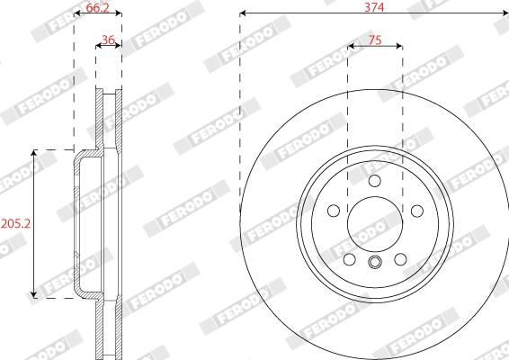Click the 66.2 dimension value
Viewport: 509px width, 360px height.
pyautogui.click(x=97, y=7)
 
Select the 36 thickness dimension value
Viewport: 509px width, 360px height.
pyautogui.click(x=108, y=40)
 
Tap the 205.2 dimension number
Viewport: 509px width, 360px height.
pyautogui.click(x=15, y=223)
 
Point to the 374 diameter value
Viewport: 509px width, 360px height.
pyautogui.click(x=374, y=7)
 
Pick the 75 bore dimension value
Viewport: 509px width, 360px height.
pyautogui.click(x=375, y=40)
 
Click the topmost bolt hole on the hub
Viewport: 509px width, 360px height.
pyautogui.click(x=375, y=181)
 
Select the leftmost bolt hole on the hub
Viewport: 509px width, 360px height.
pyautogui.click(x=334, y=211)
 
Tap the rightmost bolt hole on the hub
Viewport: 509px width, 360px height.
pyautogui.click(x=417, y=211)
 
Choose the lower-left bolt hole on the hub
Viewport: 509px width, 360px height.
pyautogui.click(x=349, y=259)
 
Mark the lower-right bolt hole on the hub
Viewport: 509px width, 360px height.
pyautogui.click(x=400, y=259)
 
